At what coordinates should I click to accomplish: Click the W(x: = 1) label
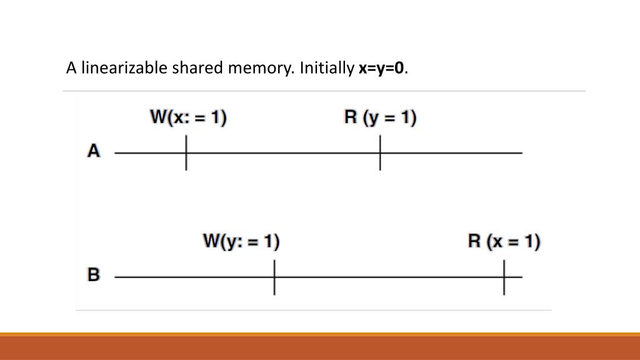187,117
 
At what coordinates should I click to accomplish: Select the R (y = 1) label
380,117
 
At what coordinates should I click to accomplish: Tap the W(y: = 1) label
241,241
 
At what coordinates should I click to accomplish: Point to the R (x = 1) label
504,241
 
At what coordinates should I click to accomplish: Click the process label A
94,151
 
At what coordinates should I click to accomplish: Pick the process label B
94,274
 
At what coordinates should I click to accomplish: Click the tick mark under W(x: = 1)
186,152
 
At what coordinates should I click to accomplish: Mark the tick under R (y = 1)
380,152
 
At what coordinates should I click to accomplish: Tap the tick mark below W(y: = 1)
274,277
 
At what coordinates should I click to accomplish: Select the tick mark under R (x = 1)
504,277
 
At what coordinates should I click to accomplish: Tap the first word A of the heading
71,67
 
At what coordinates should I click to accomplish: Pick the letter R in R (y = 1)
351,117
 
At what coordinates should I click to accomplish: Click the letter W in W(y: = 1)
212,241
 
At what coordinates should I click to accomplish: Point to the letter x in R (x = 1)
496,242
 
